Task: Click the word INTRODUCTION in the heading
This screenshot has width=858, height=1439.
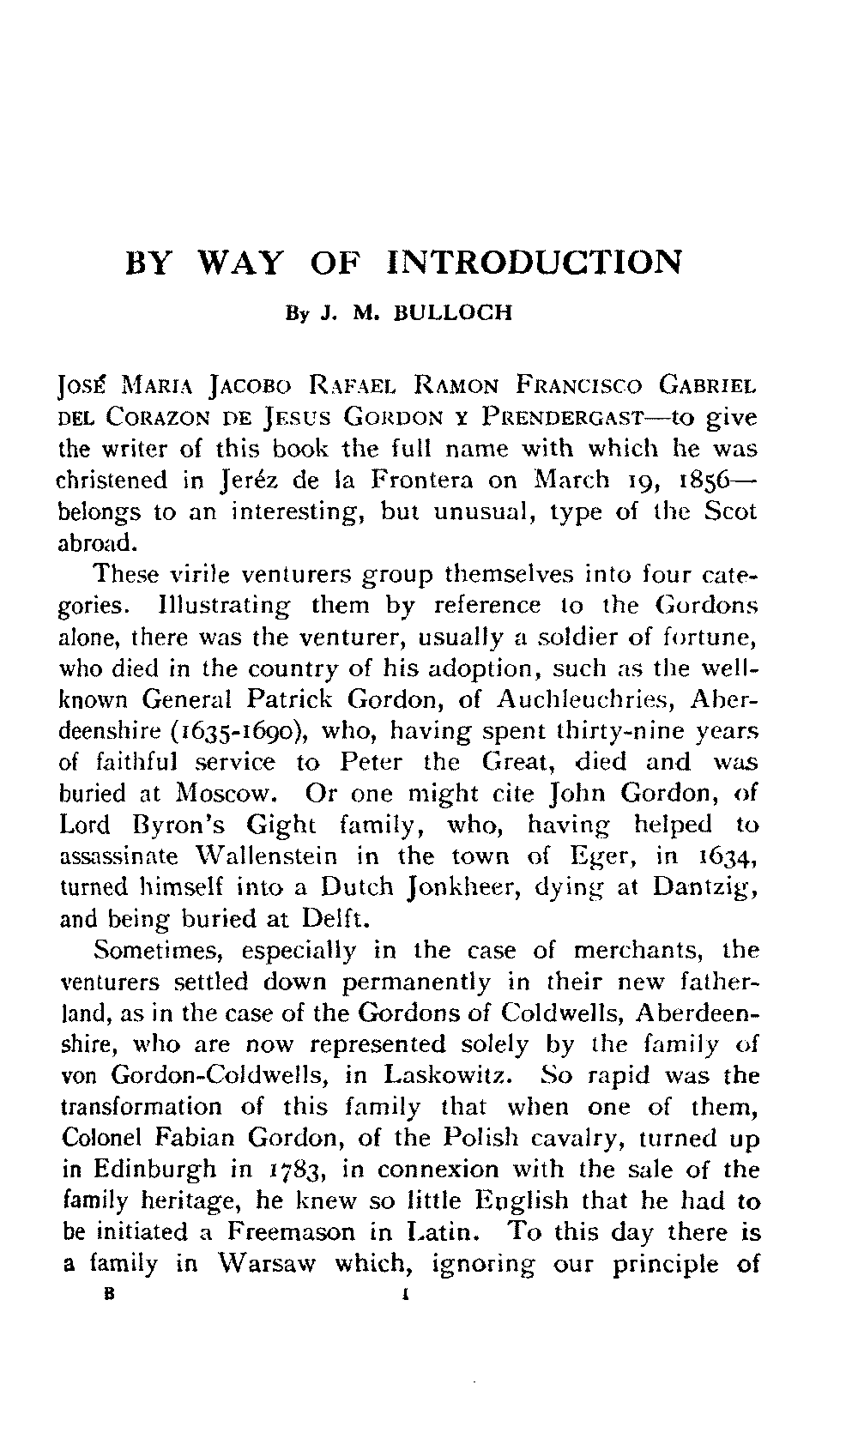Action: [535, 263]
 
